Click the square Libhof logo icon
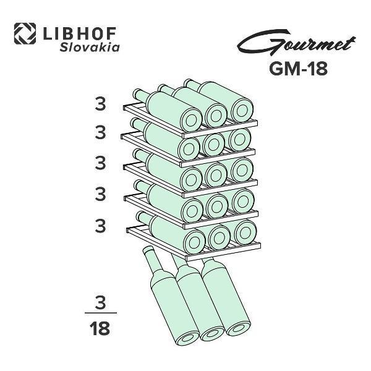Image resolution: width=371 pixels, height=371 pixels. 25,33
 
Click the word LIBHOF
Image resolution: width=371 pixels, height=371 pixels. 80,33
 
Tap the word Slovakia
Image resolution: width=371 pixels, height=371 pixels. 90,48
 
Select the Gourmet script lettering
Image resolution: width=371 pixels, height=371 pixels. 296,43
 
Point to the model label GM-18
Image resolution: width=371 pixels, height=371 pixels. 299,69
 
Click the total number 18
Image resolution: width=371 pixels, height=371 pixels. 100,328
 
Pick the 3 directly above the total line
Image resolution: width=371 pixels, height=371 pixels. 100,302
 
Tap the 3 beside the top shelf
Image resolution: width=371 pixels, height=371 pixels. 100,104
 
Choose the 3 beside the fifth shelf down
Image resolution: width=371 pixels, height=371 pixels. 100,226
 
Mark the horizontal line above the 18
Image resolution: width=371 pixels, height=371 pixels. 101,313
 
